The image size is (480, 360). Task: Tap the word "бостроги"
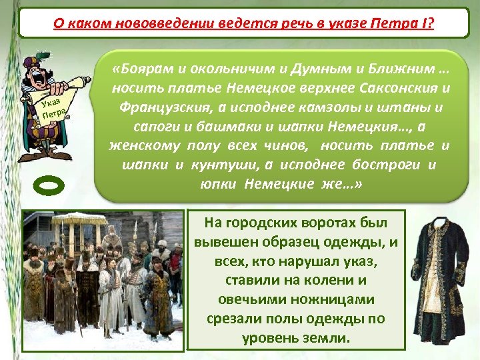(368, 164)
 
